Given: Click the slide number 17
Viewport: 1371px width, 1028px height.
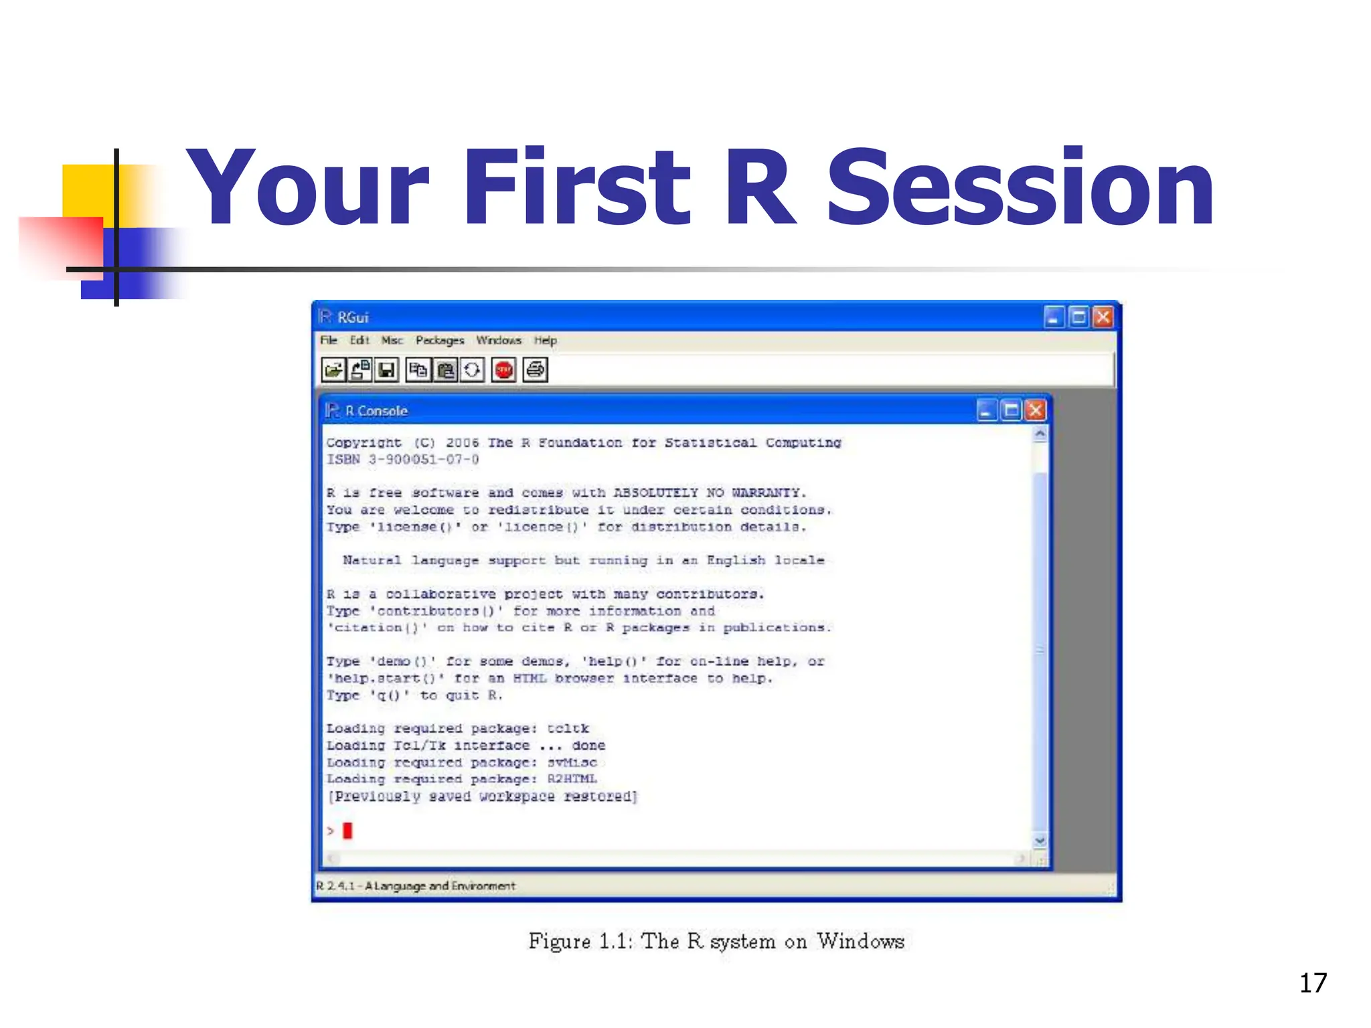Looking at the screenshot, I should [x=1313, y=983].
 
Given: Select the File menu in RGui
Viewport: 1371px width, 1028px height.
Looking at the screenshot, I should [x=328, y=340].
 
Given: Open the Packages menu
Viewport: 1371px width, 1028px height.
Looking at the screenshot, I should [x=439, y=340].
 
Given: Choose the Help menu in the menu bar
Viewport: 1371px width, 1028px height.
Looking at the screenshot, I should [x=545, y=340].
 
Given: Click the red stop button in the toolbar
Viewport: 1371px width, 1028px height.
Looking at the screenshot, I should [x=503, y=369].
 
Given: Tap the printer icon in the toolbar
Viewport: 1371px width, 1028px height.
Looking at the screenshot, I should [x=536, y=369].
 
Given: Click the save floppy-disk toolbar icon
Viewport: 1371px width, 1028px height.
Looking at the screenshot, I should [x=386, y=369].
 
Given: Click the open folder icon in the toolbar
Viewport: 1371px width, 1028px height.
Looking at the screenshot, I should [x=333, y=369].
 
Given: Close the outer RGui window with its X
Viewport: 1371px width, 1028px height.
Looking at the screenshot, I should [x=1103, y=317].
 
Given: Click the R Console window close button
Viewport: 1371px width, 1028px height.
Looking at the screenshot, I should [x=1036, y=410].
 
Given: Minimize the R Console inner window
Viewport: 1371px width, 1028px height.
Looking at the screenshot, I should [x=986, y=410].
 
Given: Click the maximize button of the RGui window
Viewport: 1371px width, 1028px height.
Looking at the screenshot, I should [x=1078, y=317].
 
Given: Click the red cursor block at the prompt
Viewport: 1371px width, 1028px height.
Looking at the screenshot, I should [x=347, y=831].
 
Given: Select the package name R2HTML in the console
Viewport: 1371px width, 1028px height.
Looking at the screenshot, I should [x=572, y=779].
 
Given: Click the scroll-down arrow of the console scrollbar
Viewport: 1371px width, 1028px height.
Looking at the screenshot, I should [x=1040, y=841].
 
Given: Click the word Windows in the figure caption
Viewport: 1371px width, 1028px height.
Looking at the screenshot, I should [x=860, y=941].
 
